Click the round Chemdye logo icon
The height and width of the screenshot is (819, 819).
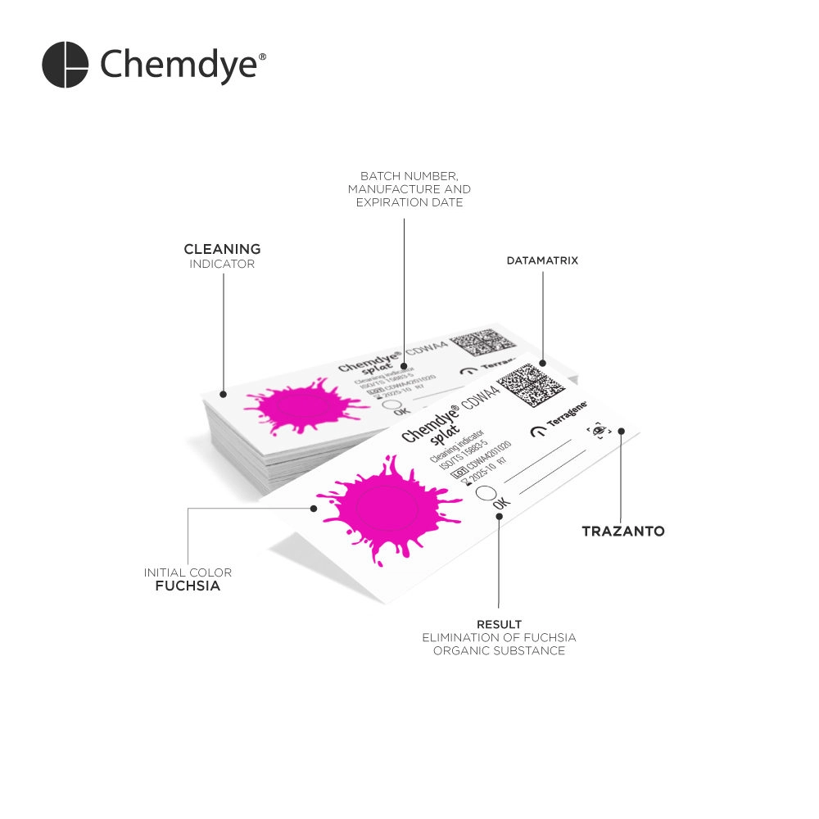[x=65, y=65]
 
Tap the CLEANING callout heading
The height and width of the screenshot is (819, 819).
[x=222, y=249]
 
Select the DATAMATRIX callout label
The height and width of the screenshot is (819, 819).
[x=542, y=260]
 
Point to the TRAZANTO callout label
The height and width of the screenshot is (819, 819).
[x=622, y=532]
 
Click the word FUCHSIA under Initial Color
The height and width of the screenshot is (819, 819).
[x=188, y=586]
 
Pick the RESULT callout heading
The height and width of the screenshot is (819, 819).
[x=499, y=625]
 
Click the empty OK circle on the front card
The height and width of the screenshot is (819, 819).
[x=485, y=494]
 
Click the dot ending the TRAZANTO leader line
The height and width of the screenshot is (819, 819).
[x=621, y=430]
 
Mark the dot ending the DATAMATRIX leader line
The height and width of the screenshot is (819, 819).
[x=542, y=361]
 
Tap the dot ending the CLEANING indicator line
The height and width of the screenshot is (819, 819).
[x=223, y=394]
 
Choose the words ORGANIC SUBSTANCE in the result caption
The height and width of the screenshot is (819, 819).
[x=499, y=651]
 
